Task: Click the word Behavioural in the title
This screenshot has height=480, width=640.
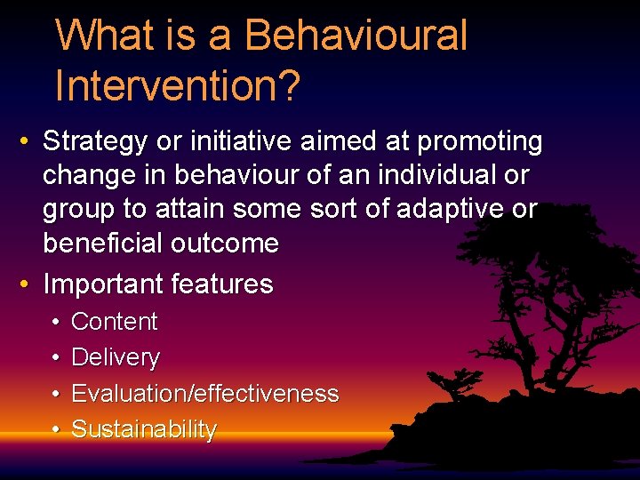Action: click(x=355, y=36)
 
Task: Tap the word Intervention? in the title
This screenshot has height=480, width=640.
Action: click(x=178, y=86)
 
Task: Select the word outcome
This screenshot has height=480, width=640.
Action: click(x=228, y=244)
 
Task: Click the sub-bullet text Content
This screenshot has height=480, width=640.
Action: click(x=114, y=322)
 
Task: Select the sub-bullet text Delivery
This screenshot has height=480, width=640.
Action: click(x=116, y=358)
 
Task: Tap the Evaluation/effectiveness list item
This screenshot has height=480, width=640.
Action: click(x=204, y=394)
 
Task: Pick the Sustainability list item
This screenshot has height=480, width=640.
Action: click(x=144, y=430)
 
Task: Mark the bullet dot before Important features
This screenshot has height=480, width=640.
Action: click(x=27, y=285)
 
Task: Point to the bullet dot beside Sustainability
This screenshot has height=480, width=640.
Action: click(x=56, y=430)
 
